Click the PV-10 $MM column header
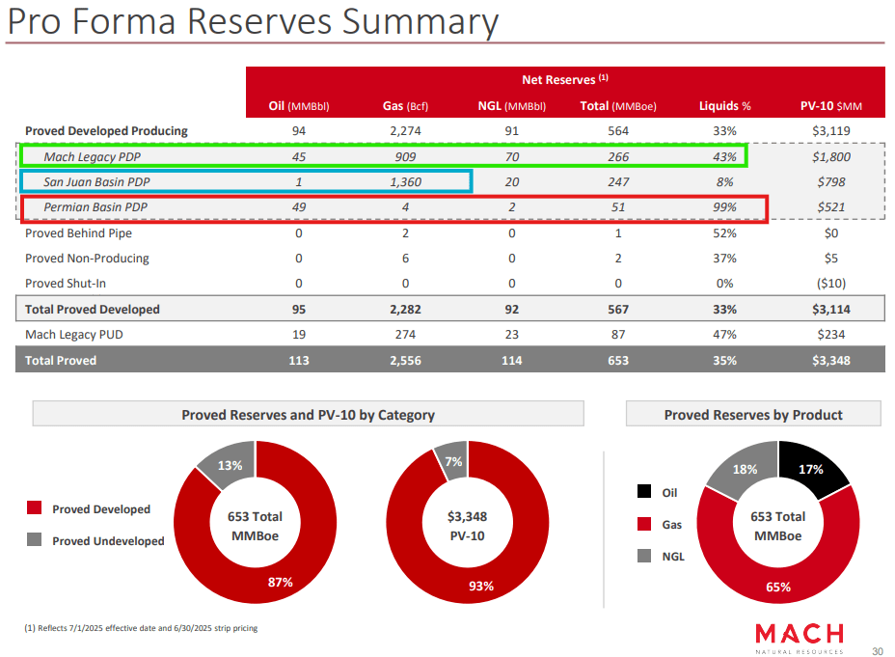click(831, 106)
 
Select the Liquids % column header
click(725, 106)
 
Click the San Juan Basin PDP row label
click(96, 181)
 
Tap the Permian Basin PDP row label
click(95, 207)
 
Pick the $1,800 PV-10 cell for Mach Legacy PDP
click(831, 156)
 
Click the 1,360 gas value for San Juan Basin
click(404, 181)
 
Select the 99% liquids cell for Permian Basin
click(725, 207)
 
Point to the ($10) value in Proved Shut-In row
click(831, 284)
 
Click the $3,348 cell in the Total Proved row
click(831, 361)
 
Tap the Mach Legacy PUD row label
click(73, 335)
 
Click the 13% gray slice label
click(230, 465)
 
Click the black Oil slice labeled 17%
click(811, 469)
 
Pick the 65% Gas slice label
click(778, 586)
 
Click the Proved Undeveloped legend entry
click(107, 541)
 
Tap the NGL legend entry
click(672, 557)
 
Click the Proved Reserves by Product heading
click(752, 415)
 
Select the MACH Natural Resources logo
click(799, 637)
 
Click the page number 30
click(877, 649)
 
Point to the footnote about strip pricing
click(141, 628)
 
